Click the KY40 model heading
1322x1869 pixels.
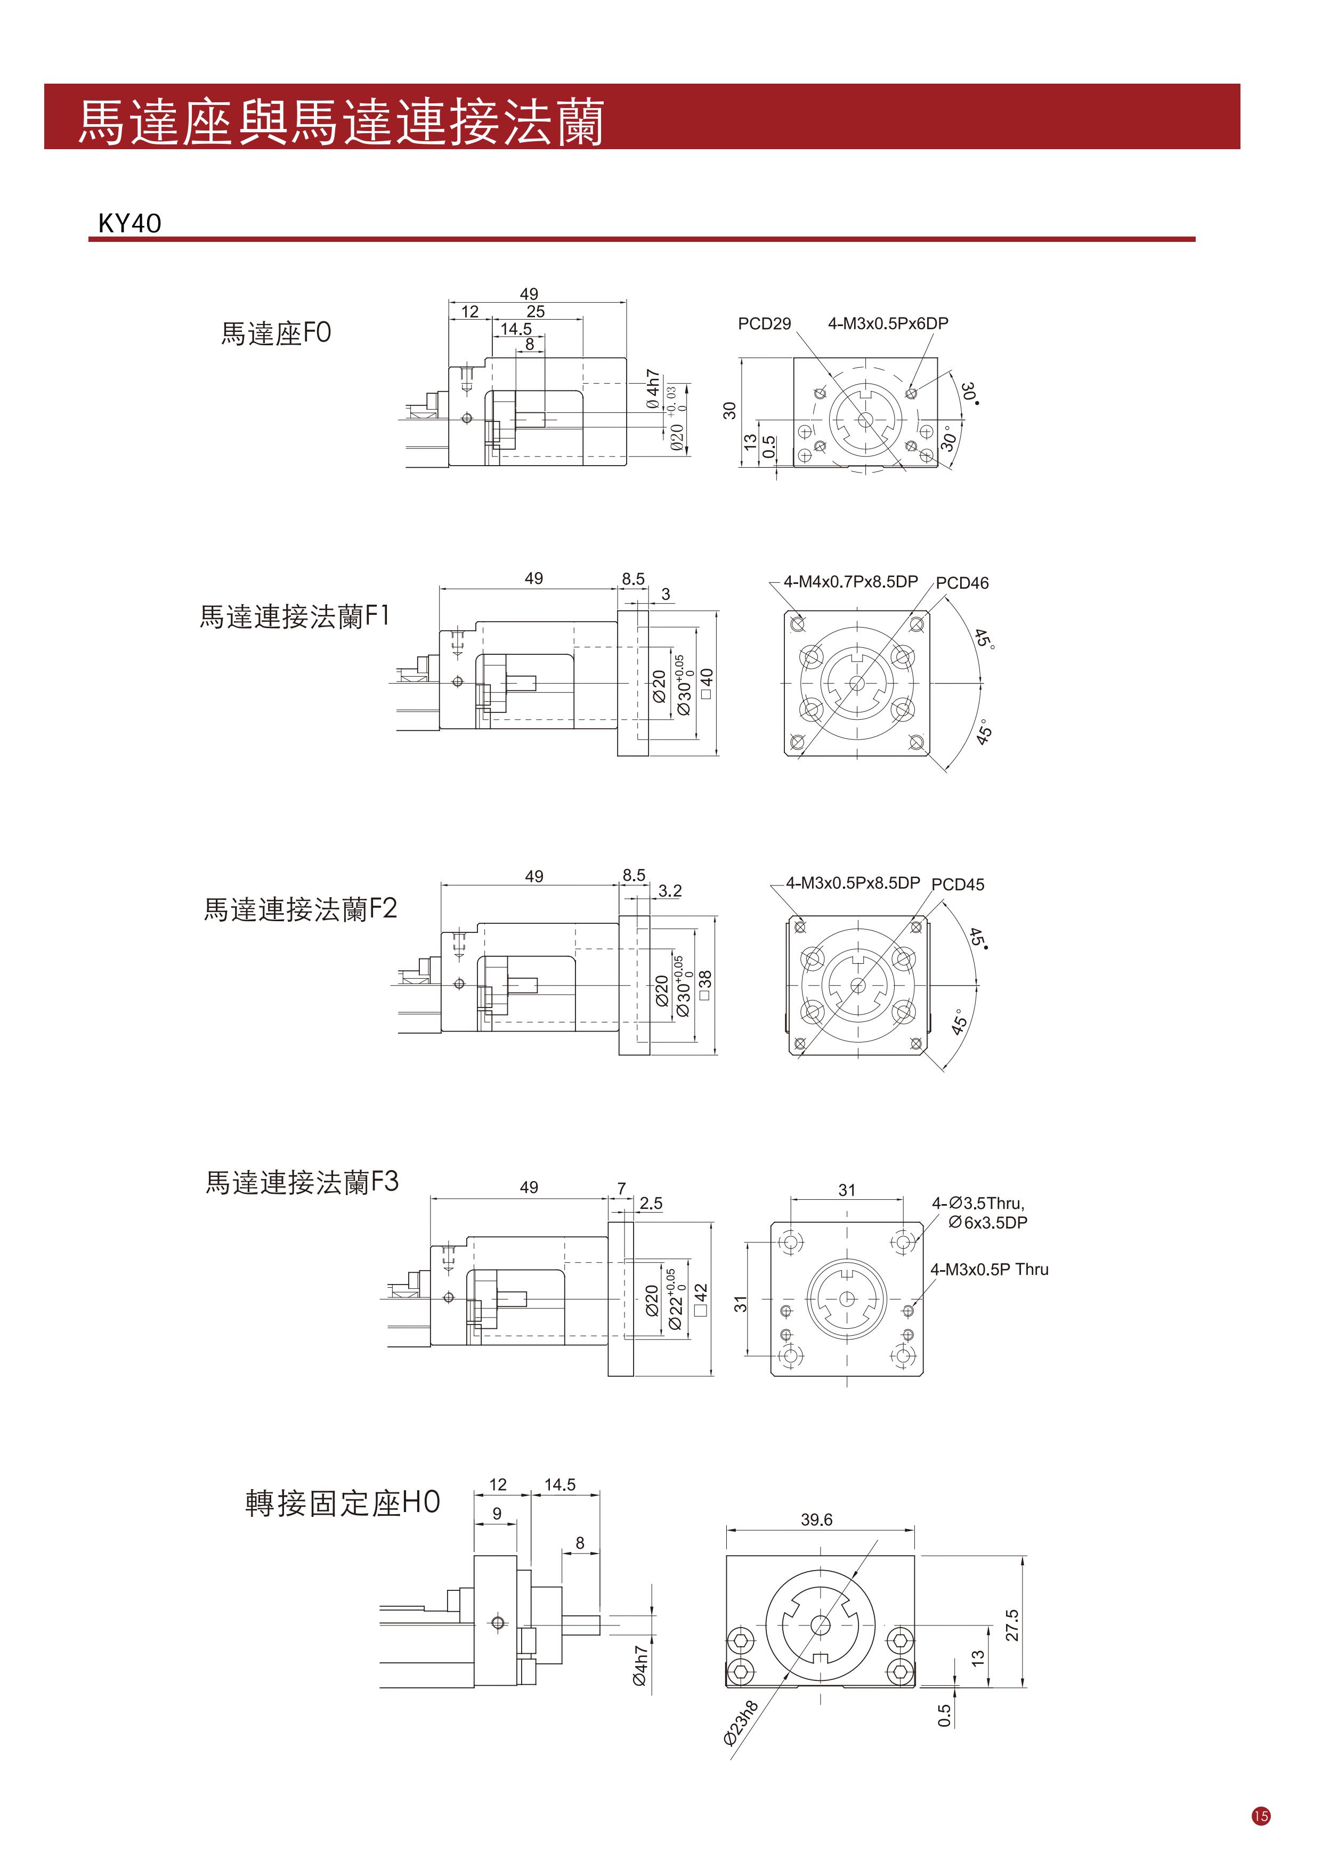129,223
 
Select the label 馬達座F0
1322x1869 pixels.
276,333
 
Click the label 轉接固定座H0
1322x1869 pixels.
343,1502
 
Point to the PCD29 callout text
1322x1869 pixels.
765,324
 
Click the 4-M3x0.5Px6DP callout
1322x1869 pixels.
888,323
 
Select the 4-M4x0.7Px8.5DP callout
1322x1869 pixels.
850,581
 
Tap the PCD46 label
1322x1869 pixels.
962,583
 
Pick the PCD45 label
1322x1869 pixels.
958,884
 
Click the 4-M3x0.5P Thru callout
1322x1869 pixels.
990,1269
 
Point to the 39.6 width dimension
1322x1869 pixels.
816,1520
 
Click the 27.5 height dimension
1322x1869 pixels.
1012,1625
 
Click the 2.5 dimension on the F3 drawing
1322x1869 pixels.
651,1203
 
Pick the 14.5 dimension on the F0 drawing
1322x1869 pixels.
516,329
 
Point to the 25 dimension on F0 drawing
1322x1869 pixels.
536,311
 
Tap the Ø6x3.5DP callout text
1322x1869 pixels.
987,1223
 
